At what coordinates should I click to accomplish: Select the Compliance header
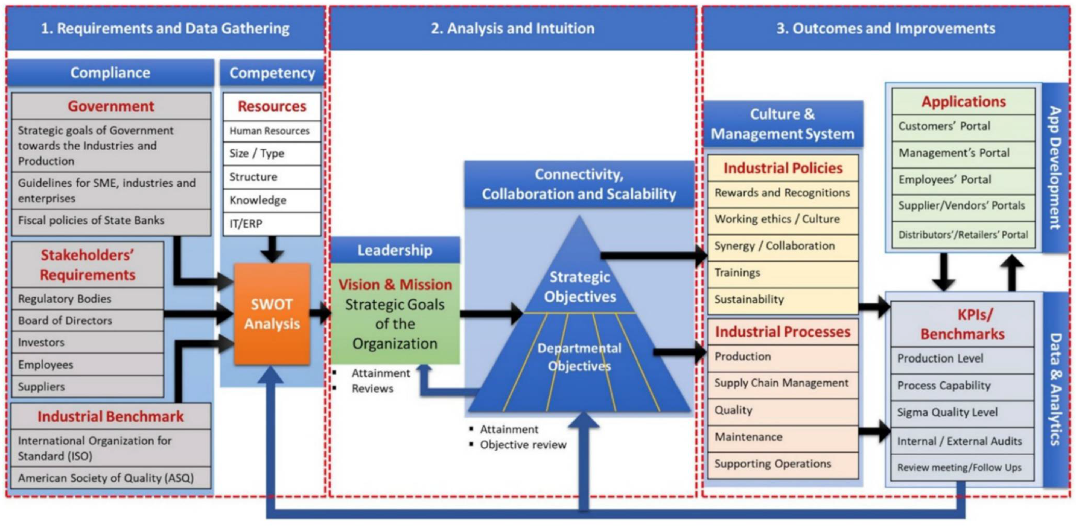(x=110, y=73)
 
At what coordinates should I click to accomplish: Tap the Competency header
(x=272, y=73)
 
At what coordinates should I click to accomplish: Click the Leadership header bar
(x=395, y=250)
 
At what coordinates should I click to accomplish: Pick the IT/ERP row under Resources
(x=272, y=224)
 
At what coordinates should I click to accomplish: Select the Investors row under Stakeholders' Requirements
(x=87, y=342)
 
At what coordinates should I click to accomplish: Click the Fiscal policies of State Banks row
(x=111, y=220)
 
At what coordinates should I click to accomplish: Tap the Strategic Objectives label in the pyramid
(x=579, y=287)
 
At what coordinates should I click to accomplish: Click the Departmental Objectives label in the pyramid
(x=579, y=357)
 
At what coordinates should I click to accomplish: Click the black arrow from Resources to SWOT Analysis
(x=272, y=249)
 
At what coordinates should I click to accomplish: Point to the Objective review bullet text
(x=523, y=445)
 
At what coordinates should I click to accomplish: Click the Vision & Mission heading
(x=395, y=285)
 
